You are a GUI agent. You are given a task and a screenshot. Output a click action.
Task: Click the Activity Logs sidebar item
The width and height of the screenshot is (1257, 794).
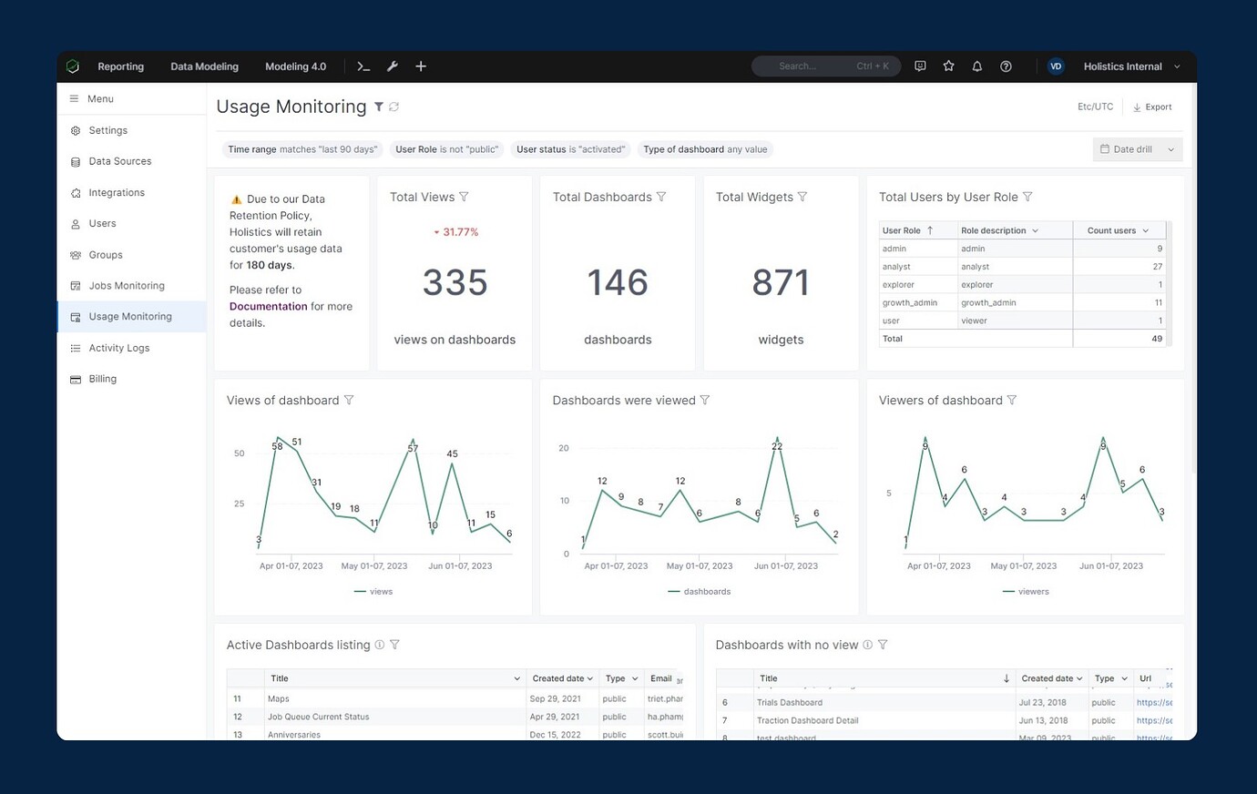[x=118, y=348]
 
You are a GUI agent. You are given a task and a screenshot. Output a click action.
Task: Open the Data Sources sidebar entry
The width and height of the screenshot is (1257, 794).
[x=119, y=161]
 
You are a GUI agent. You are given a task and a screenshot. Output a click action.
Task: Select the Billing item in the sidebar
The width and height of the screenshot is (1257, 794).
[x=102, y=379]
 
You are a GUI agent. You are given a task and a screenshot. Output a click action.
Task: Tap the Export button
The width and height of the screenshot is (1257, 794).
[x=1152, y=107]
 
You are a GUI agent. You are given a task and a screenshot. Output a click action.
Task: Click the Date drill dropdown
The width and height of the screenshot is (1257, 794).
[x=1137, y=149]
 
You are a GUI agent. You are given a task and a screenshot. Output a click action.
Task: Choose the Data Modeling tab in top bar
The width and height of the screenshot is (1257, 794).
[x=204, y=66]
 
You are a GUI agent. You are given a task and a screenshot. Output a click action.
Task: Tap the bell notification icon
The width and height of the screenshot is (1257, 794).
[x=976, y=66]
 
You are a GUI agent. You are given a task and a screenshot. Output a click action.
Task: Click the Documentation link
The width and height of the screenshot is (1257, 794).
[x=268, y=307]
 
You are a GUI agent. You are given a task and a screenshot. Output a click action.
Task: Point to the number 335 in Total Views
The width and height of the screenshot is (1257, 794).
[x=455, y=283]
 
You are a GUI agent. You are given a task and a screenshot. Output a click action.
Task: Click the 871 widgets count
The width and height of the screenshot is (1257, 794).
[x=781, y=283]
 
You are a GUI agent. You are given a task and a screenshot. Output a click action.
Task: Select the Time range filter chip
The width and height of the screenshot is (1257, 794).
[x=302, y=149]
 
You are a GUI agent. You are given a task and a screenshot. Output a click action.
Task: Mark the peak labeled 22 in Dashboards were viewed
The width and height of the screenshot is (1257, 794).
[x=777, y=446]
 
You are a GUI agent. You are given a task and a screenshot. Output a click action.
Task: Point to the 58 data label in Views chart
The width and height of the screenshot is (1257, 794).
[x=277, y=446]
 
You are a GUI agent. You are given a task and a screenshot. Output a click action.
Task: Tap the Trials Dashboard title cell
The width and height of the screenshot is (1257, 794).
[x=789, y=703]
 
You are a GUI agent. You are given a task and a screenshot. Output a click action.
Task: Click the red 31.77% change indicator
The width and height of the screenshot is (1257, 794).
[x=455, y=232]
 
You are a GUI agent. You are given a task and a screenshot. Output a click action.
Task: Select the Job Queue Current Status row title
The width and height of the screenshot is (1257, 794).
[x=318, y=717]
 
